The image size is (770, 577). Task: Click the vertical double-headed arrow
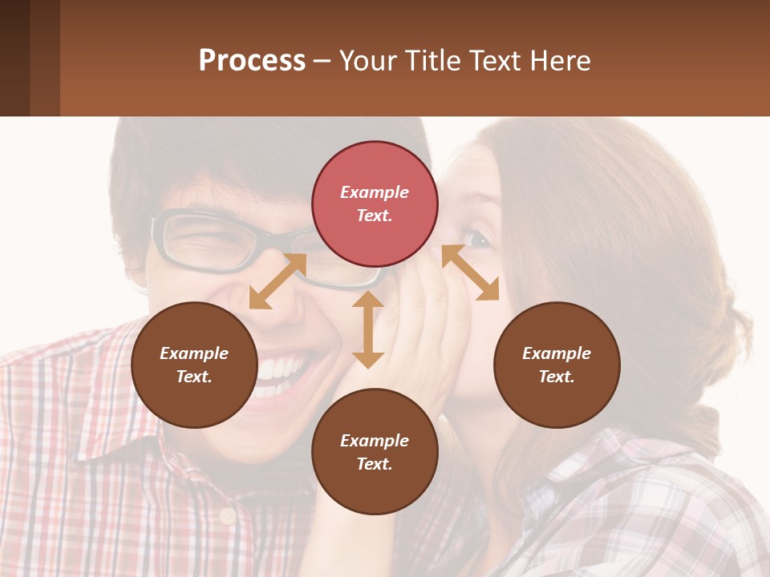pos(368,329)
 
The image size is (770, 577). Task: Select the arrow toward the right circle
pos(470,272)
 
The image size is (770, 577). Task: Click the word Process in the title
pos(252,60)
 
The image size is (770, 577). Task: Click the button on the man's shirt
pos(227,515)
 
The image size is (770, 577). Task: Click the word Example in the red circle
pos(375,192)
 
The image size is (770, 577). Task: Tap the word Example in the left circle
pos(194,353)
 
